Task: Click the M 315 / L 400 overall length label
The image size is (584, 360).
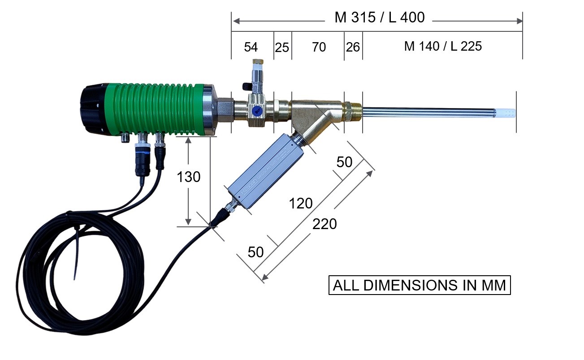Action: tap(379, 18)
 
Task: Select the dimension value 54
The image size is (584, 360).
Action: tap(251, 47)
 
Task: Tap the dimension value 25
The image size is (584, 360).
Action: tap(282, 47)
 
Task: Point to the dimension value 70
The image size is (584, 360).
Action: tap(319, 47)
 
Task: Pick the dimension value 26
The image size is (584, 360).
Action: tap(353, 47)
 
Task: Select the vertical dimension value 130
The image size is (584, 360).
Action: tap(189, 178)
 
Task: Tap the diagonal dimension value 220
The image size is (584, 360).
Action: tap(324, 224)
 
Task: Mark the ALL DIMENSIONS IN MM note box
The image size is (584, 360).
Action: tap(420, 285)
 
